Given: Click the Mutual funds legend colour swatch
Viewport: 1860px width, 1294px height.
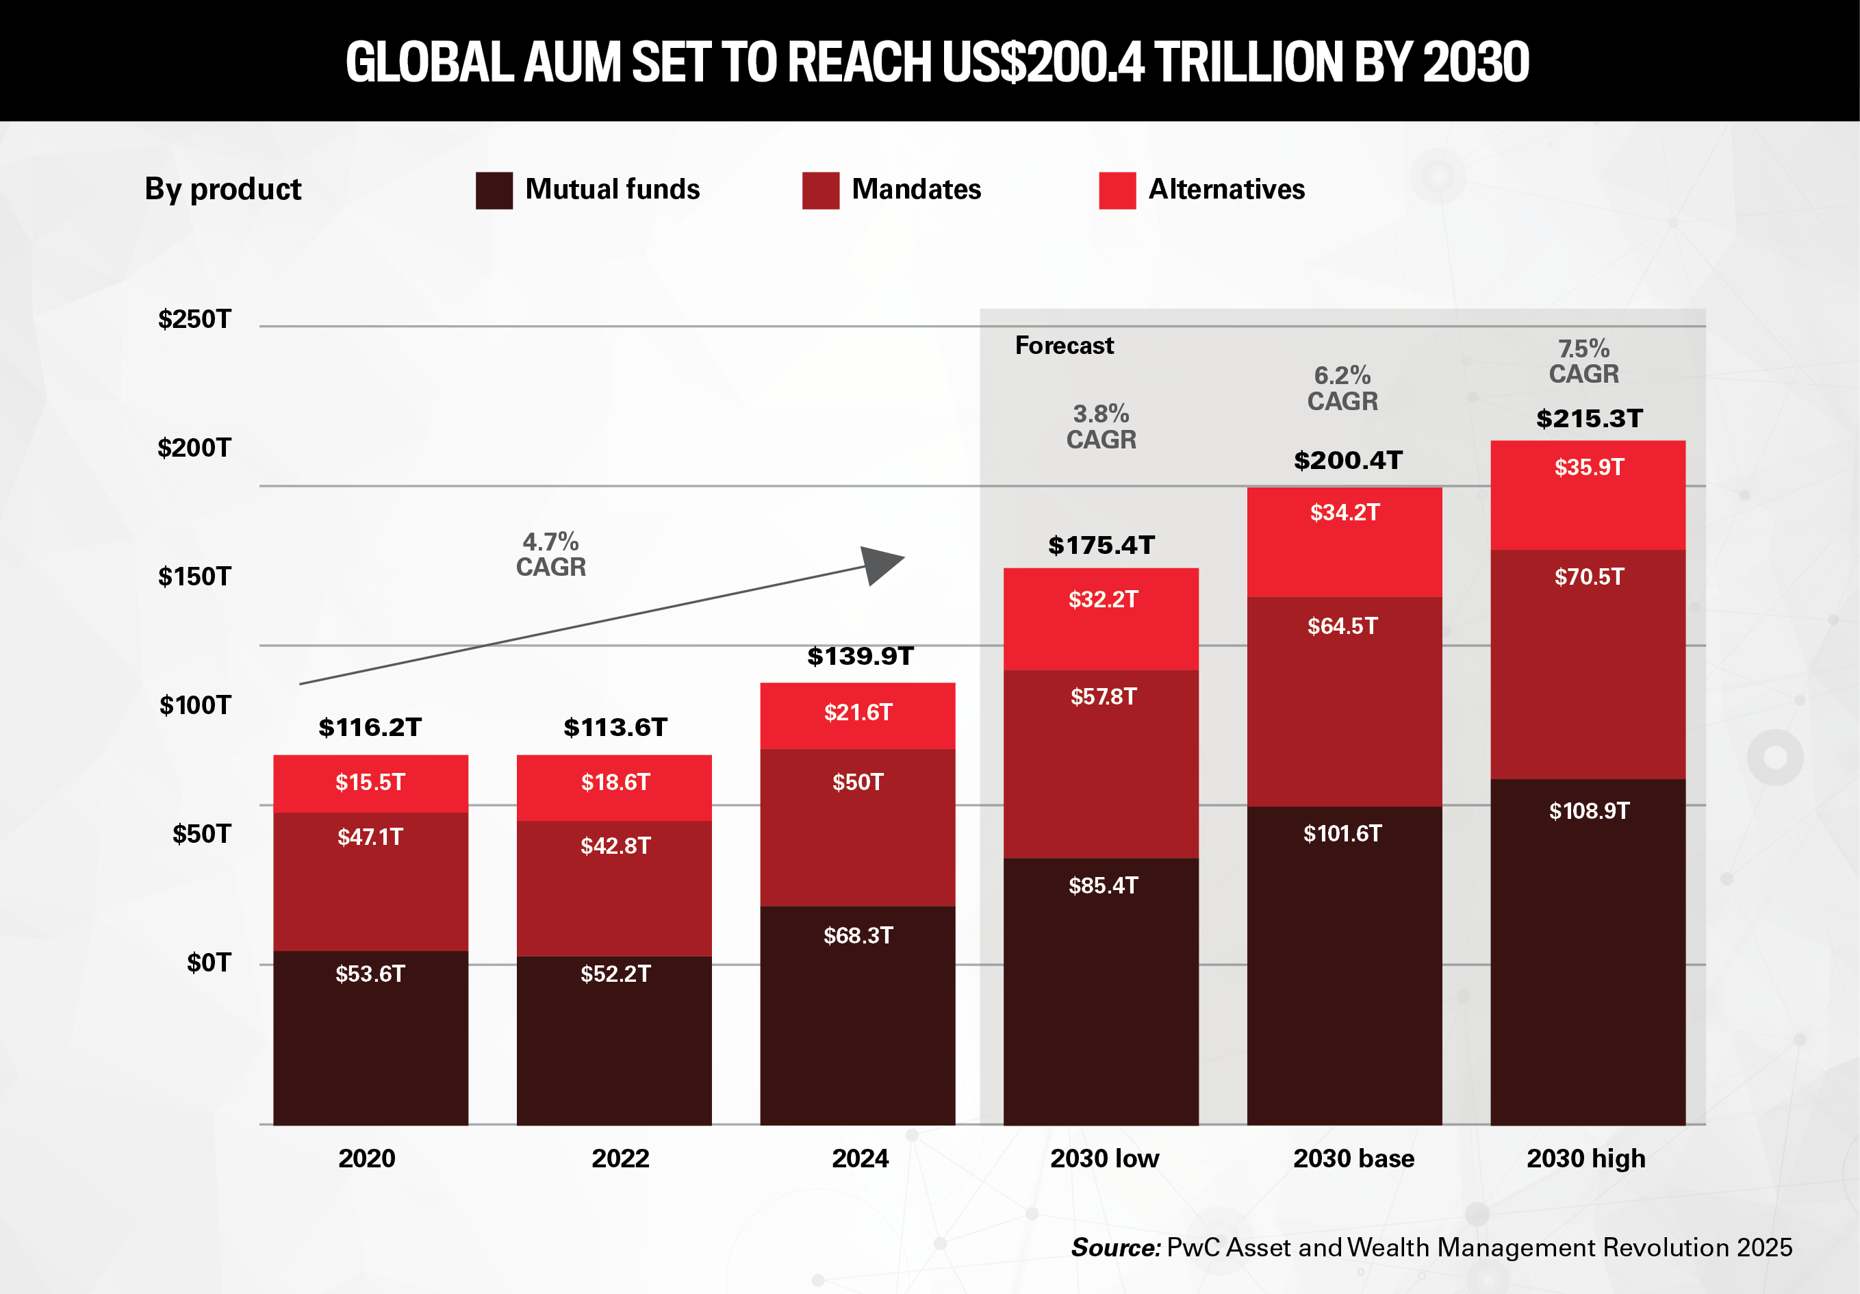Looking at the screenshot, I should click(x=494, y=190).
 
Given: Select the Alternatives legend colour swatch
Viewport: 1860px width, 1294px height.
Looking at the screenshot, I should click(x=1117, y=190).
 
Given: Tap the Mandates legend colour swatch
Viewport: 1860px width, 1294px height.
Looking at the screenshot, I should click(x=820, y=190).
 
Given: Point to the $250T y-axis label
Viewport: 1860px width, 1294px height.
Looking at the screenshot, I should click(x=194, y=319).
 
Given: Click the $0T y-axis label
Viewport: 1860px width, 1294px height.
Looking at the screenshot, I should click(x=208, y=963).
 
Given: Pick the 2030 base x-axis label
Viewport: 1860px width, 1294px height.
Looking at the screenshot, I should click(x=1353, y=1158).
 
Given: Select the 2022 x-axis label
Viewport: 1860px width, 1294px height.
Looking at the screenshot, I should click(x=620, y=1158).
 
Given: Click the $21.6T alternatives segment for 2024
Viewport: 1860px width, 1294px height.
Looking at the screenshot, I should click(x=857, y=715).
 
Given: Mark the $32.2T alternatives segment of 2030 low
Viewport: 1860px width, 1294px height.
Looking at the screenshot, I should click(x=1100, y=619).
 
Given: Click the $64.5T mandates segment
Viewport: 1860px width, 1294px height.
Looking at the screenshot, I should click(x=1343, y=701).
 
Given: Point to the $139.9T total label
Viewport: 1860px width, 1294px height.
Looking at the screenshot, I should click(x=860, y=655).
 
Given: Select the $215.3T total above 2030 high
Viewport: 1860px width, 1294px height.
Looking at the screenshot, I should click(x=1589, y=418).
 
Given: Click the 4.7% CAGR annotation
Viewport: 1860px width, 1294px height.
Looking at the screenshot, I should click(x=550, y=554).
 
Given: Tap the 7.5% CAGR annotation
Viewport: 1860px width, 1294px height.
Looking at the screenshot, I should click(x=1583, y=361).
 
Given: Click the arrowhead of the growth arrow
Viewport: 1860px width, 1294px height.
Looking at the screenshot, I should click(x=881, y=564).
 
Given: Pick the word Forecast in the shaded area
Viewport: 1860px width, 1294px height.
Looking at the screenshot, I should click(x=1064, y=345).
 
